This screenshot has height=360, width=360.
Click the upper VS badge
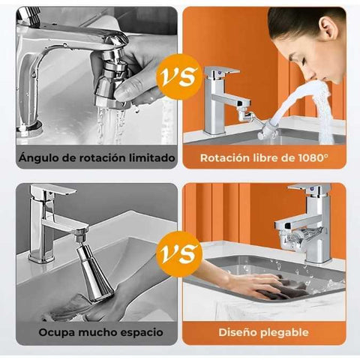179,76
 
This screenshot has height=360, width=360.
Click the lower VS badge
179,254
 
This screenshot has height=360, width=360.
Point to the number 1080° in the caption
313,158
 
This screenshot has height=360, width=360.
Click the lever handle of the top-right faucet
222,70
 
